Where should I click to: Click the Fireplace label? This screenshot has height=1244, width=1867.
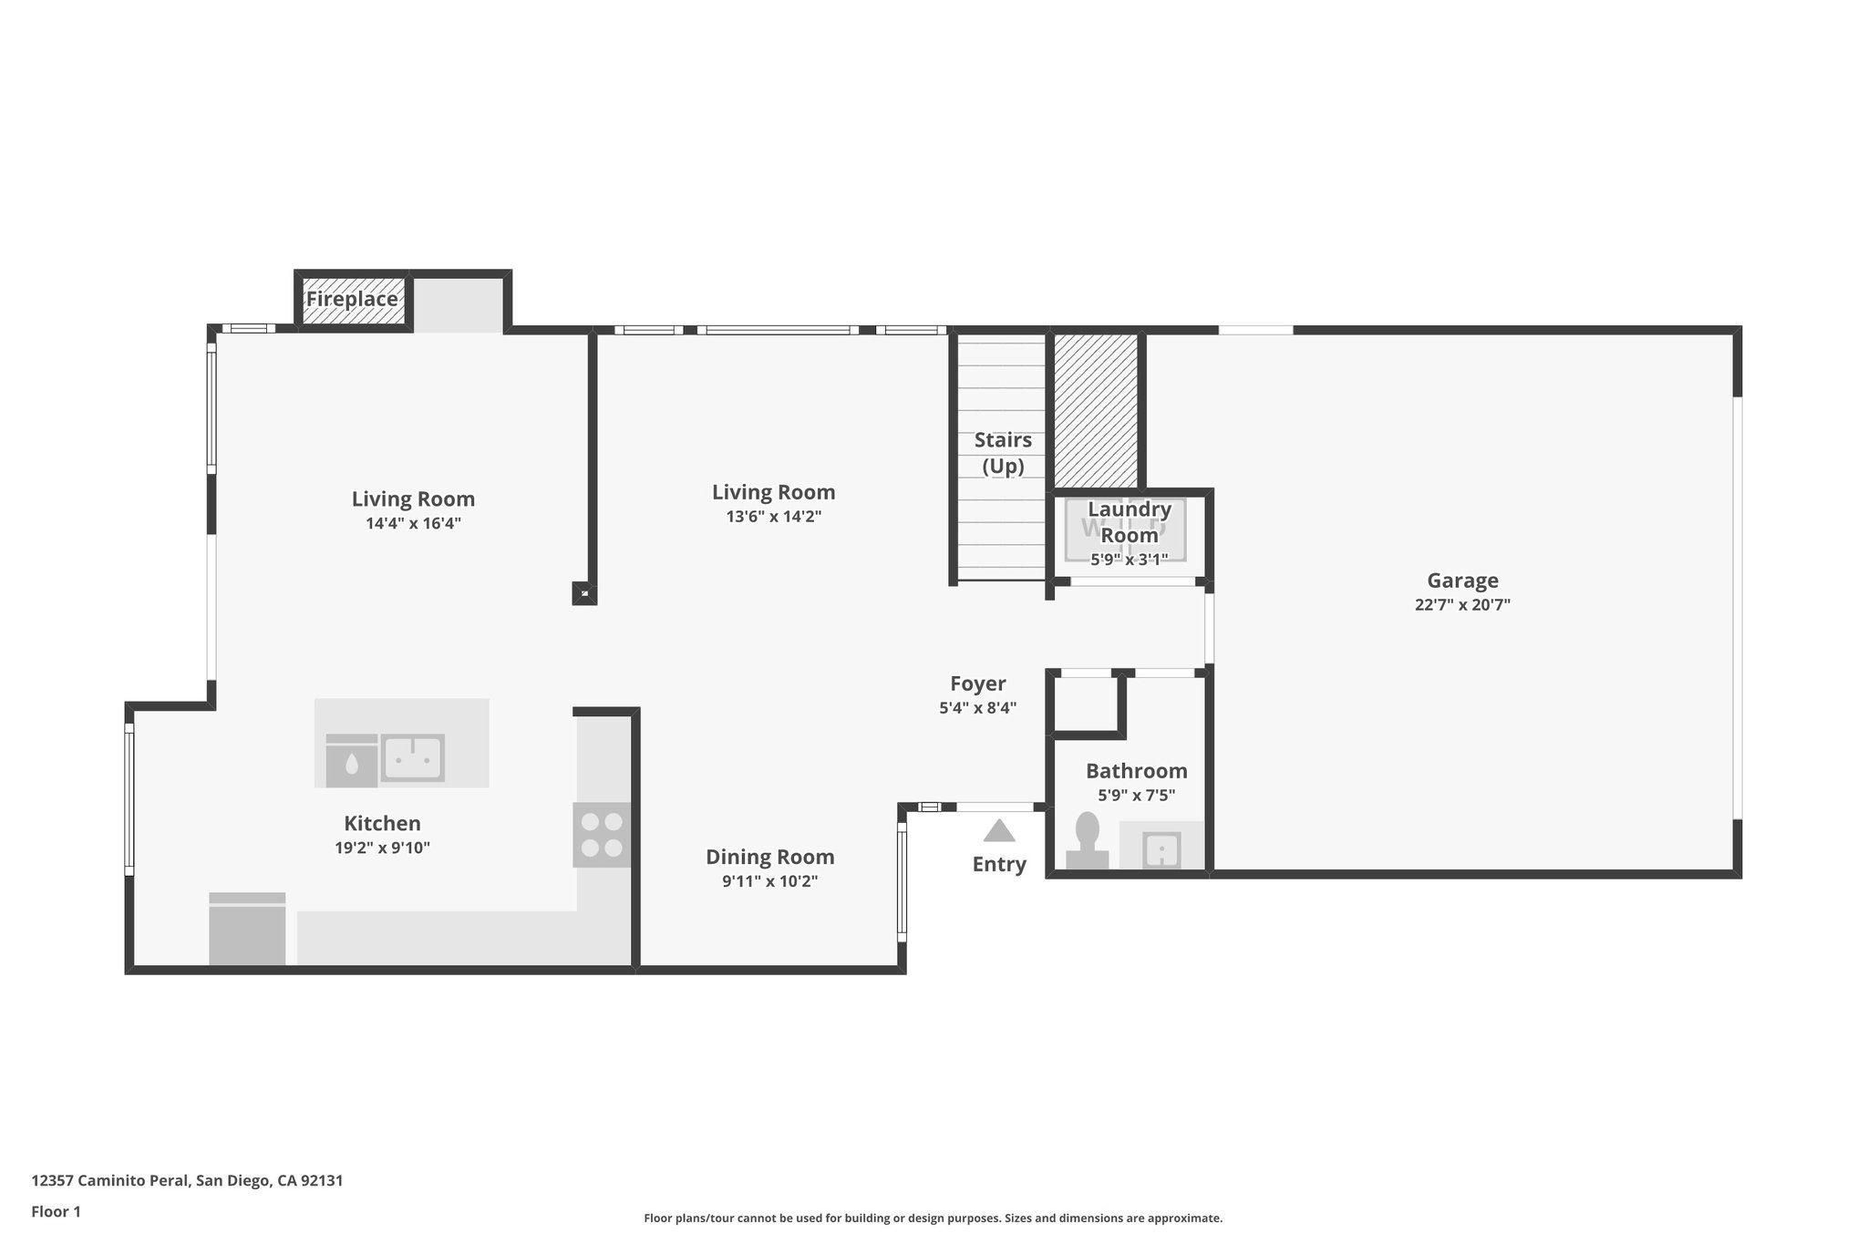[x=352, y=299]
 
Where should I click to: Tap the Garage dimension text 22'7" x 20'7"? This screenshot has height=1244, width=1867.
[x=1462, y=604]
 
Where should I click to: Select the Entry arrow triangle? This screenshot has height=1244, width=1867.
[x=999, y=831]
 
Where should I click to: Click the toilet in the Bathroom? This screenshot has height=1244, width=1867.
[x=1087, y=840]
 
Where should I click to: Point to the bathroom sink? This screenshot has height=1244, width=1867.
[x=1161, y=849]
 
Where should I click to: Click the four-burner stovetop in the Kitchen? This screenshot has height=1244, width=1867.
[x=602, y=834]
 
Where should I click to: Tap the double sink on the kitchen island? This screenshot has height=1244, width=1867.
[x=412, y=757]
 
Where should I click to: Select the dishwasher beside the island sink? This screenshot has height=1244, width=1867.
[x=351, y=761]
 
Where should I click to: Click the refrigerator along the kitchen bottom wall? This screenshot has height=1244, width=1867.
[x=247, y=929]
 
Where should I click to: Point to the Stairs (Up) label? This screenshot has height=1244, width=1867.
[x=1003, y=453]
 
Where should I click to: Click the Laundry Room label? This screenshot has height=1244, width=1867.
[x=1129, y=522]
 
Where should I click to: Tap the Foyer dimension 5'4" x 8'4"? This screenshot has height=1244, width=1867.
[x=977, y=707]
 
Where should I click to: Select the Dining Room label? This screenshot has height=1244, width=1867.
[x=769, y=857]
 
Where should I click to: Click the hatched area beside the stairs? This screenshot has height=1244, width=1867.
[x=1096, y=410]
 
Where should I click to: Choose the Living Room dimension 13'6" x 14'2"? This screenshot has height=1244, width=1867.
[x=773, y=517]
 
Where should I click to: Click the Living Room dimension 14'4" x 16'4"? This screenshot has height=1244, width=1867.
[x=413, y=523]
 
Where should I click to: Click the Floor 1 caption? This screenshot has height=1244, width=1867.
[x=56, y=1211]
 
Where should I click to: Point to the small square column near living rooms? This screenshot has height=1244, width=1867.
[x=583, y=594]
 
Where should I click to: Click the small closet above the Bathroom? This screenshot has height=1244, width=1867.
[x=1085, y=703]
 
